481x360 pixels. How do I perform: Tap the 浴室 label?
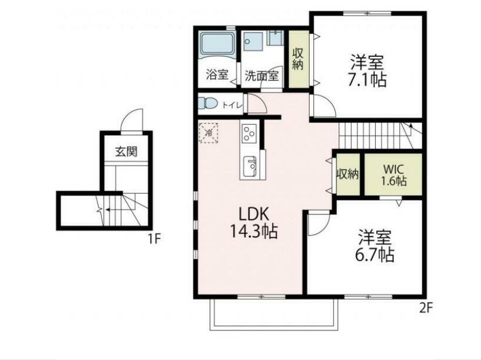click(217, 75)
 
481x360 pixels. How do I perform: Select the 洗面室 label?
click(261, 75)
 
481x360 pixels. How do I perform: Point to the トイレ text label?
click(231, 105)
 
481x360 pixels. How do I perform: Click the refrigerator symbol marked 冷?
click(209, 133)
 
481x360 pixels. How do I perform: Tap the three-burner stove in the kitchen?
click(249, 134)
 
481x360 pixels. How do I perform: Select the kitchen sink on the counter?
click(250, 167)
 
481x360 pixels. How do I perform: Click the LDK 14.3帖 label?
click(253, 223)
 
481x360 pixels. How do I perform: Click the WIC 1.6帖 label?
click(394, 175)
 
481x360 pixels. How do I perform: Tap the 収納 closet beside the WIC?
click(348, 174)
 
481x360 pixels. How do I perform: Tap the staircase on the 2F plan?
click(374, 136)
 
